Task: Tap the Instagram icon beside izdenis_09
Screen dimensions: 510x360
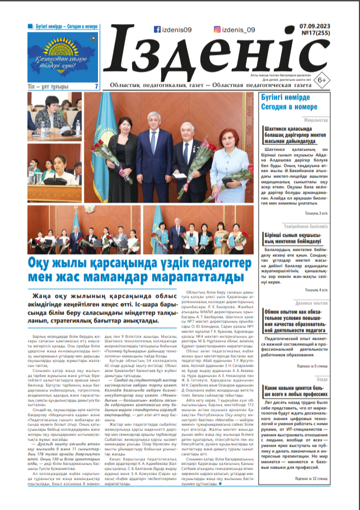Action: coord(217,30)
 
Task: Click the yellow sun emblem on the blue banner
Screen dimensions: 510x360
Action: coord(64,45)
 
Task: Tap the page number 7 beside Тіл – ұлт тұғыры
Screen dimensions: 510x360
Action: coord(96,86)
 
